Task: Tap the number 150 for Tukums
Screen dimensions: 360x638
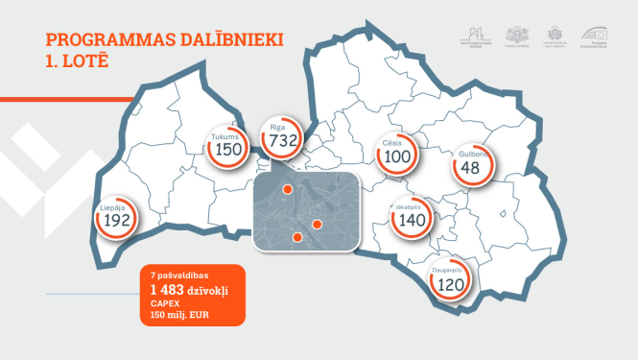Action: coord(228,150)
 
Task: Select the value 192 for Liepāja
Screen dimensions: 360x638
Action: coord(116,220)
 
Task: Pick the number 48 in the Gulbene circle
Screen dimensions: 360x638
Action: coord(470,168)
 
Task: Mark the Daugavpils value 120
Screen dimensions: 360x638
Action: coord(451,285)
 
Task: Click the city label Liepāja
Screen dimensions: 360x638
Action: coord(115,206)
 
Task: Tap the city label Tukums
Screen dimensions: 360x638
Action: coord(227,137)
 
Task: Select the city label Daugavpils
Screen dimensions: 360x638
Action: coord(451,272)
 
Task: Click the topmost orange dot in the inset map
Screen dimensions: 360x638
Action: coord(287,190)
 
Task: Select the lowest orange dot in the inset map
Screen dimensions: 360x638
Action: coord(297,236)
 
